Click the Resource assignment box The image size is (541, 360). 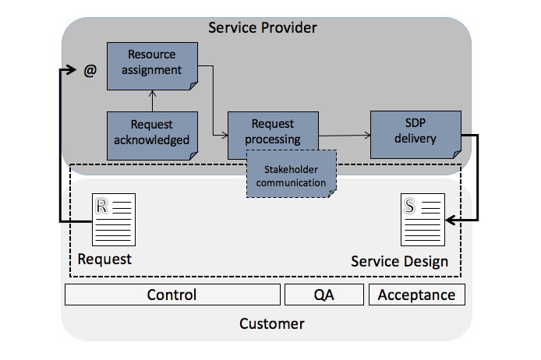click(x=152, y=63)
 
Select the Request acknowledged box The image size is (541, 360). click(x=152, y=132)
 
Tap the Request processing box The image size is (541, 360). click(x=273, y=132)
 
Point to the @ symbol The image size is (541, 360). click(x=90, y=71)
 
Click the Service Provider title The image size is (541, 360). click(x=263, y=28)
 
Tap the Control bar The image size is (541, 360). click(x=171, y=295)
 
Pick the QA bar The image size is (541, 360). click(x=324, y=295)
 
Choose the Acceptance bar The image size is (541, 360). click(x=416, y=295)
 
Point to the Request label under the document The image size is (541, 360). click(x=104, y=258)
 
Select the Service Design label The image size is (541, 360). click(x=399, y=261)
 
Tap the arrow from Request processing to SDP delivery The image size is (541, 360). click(x=344, y=136)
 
